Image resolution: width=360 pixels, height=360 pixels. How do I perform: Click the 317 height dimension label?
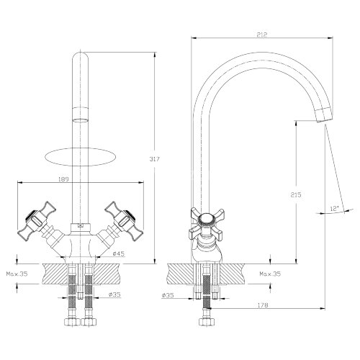154,159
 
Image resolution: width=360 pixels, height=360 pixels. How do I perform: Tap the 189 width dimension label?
63,179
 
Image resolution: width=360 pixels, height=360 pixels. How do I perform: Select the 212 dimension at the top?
261,35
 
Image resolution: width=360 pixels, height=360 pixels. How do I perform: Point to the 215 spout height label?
296,194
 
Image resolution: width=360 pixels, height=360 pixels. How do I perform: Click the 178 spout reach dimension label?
263,305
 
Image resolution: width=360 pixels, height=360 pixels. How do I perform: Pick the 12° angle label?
334,209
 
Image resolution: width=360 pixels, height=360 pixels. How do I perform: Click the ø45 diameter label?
119,253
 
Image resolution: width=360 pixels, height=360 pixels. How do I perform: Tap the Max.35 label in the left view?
17,274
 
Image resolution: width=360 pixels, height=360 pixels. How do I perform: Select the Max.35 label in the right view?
270,274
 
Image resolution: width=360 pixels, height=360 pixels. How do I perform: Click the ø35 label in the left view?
114,294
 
